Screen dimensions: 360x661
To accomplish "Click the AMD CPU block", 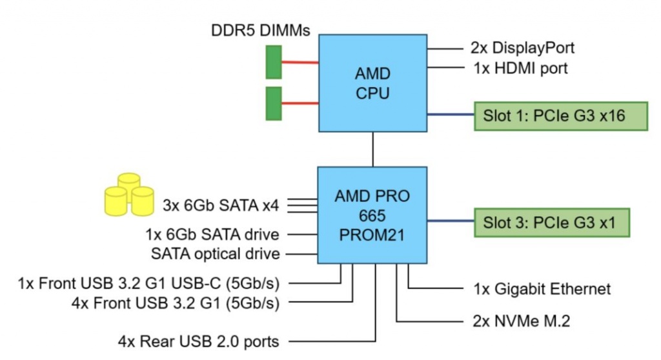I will [x=372, y=82].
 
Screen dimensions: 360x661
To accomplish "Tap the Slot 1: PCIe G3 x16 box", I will [x=561, y=117].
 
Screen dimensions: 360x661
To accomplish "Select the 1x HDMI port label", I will [x=516, y=67].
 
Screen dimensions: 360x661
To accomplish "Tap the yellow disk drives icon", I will [x=129, y=194].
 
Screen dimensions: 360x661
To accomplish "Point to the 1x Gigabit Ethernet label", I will [x=537, y=288].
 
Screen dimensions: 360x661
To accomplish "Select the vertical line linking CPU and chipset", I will [x=372, y=149].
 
